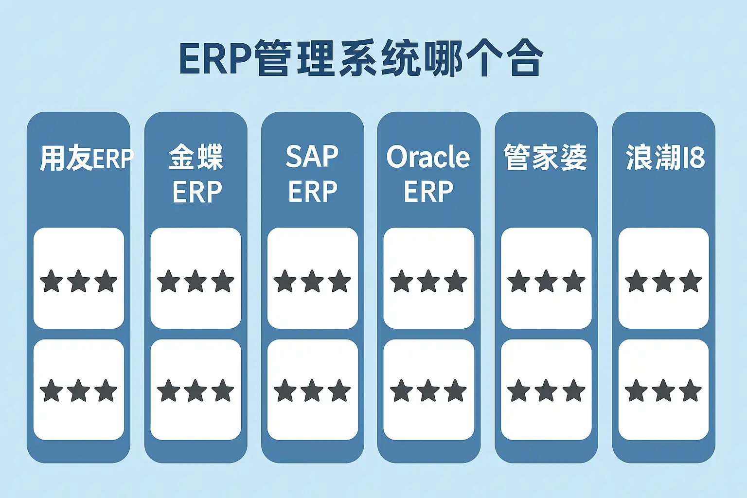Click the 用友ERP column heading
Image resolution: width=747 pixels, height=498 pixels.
point(86,158)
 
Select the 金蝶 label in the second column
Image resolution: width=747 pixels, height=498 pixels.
point(196,157)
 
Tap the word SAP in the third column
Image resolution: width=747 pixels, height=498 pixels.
point(312,157)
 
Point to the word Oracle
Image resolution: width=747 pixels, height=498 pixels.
point(428,157)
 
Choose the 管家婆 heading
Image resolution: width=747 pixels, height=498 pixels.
point(546,157)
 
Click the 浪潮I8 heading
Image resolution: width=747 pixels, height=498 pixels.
point(664,157)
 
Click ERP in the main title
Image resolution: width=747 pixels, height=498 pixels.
point(215,58)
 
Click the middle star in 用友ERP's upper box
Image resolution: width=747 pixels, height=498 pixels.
point(79,281)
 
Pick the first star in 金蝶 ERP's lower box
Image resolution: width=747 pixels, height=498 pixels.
point(169,391)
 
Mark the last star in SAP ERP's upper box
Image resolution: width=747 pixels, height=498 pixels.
point(339,281)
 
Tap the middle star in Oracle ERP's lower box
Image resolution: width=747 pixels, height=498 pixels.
point(428,391)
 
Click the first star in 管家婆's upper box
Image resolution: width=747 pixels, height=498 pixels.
point(518,281)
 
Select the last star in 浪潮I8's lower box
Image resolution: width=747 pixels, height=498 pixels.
point(691,391)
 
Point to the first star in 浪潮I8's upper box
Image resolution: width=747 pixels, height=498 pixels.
point(636,281)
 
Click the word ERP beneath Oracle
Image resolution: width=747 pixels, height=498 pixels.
point(428,192)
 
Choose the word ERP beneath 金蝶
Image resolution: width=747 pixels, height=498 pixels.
point(197,192)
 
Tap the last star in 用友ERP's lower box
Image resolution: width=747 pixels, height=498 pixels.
point(106,391)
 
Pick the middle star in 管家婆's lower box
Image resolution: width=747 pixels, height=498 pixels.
point(546,391)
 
